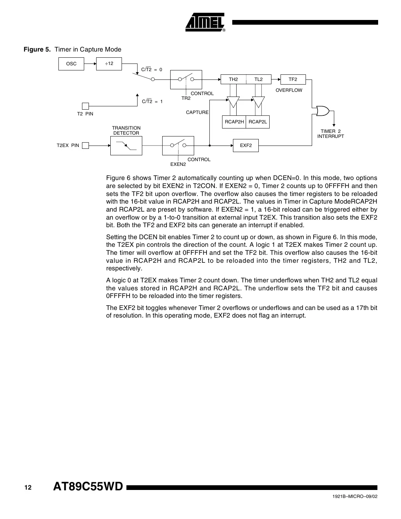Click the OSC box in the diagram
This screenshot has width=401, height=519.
(71, 64)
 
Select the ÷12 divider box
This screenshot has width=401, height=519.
(109, 64)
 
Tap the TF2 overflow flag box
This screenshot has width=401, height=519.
(293, 79)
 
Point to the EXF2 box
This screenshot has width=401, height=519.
(246, 146)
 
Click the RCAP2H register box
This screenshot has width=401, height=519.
(234, 122)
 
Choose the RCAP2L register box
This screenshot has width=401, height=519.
(258, 122)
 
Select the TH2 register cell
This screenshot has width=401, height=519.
(233, 79)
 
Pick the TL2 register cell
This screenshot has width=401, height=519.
(258, 79)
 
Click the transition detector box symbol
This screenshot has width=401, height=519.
(126, 146)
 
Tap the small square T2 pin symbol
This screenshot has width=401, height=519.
(85, 106)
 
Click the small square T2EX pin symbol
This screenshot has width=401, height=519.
(85, 146)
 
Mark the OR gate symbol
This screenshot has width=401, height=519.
(322, 111)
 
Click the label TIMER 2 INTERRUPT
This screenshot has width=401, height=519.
(331, 134)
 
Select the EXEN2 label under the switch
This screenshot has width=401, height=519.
(178, 164)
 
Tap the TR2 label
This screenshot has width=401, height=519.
(186, 98)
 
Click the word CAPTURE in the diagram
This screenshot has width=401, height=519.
(197, 113)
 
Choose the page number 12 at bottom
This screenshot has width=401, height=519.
(28, 487)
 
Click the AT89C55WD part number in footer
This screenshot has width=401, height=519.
(88, 487)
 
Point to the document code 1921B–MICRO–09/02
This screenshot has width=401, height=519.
(355, 496)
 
